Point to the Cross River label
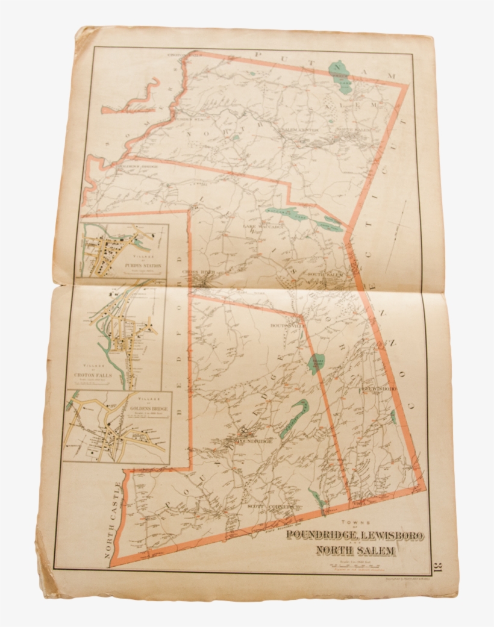198,272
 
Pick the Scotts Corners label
270,507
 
